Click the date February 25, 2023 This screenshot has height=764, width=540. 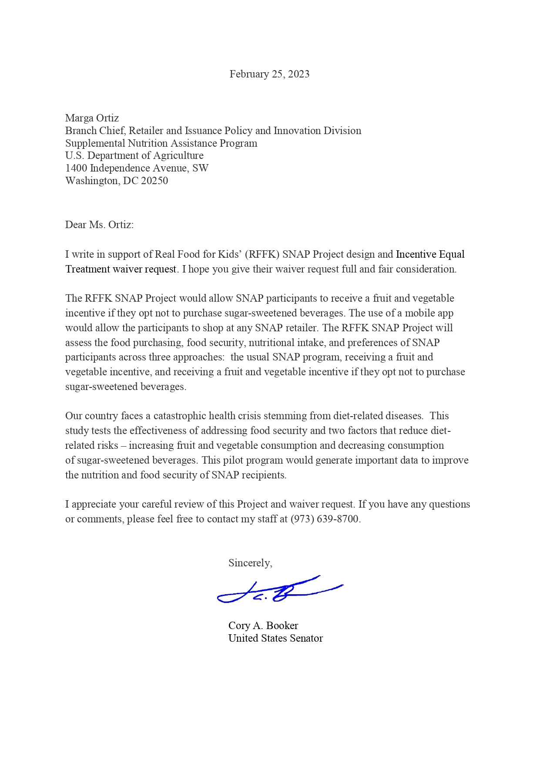(x=269, y=74)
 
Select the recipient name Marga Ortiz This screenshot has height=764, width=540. (x=92, y=118)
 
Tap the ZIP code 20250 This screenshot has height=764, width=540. (x=154, y=181)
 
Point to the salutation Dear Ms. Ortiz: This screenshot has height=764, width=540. (x=99, y=225)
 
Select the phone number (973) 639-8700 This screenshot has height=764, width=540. (x=325, y=519)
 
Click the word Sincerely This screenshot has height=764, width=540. (x=250, y=563)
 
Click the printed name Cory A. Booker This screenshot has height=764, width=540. (x=263, y=626)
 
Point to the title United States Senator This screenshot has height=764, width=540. (x=275, y=638)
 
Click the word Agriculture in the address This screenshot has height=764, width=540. (x=179, y=155)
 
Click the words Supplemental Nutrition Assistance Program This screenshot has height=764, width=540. (x=161, y=143)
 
